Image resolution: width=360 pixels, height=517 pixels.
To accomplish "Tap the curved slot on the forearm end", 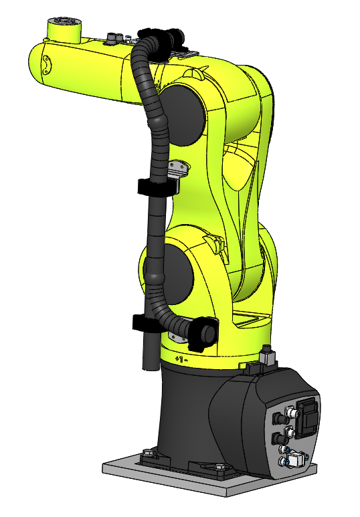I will pyautogui.click(x=46, y=64).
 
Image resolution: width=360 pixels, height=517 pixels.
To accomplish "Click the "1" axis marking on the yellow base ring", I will pyautogui.click(x=179, y=359).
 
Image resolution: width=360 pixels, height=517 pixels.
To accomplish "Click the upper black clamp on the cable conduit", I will pyautogui.click(x=157, y=186).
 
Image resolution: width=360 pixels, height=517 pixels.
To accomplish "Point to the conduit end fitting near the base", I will pyautogui.click(x=203, y=333).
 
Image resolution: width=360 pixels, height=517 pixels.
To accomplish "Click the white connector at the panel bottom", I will pyautogui.click(x=293, y=460).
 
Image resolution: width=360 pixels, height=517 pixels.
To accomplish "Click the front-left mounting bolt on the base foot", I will pyautogui.click(x=149, y=454).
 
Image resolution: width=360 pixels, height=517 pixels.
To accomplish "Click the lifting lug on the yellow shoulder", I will pyautogui.click(x=213, y=241).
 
